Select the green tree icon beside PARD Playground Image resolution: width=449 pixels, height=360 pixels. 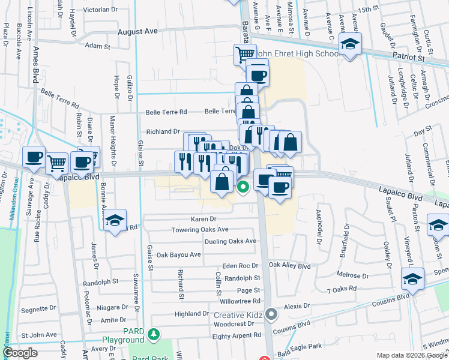pos(155,333)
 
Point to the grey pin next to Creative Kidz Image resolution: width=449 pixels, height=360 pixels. pos(272,313)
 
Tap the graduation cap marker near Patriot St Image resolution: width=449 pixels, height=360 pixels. pos(349,44)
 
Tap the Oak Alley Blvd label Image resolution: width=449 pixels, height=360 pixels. pos(289,265)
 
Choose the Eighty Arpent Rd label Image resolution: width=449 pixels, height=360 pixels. pos(237,335)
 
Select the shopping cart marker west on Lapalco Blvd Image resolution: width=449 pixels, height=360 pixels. pos(56,162)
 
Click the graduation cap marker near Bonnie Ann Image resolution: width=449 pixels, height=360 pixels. pos(115,220)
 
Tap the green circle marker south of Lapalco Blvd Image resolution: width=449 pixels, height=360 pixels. pos(243,187)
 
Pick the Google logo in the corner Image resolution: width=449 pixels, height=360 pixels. pos(20,353)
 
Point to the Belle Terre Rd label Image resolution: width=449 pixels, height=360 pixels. pos(166,112)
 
